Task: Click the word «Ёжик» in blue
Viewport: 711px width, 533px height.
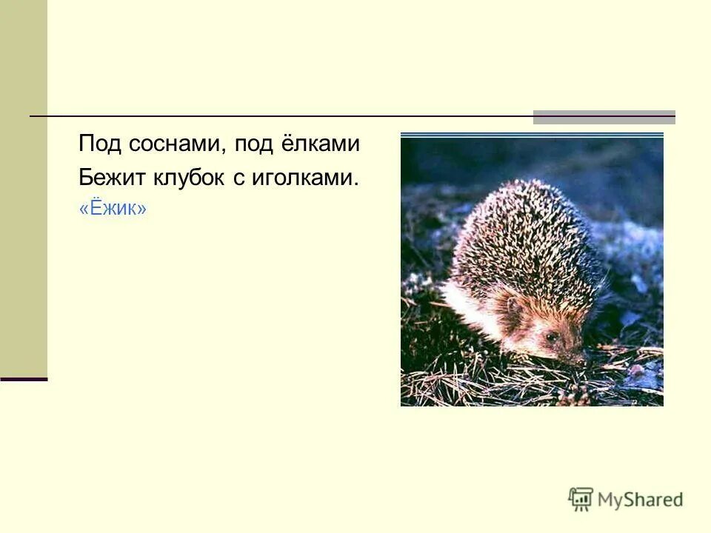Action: click(x=113, y=210)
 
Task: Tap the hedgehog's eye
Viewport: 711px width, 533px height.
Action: click(x=550, y=337)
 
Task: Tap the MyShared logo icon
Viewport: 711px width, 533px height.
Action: click(x=581, y=499)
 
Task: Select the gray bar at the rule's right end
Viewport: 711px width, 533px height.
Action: click(x=604, y=117)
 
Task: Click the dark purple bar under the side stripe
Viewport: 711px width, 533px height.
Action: click(x=24, y=379)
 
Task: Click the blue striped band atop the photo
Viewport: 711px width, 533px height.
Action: click(x=532, y=135)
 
